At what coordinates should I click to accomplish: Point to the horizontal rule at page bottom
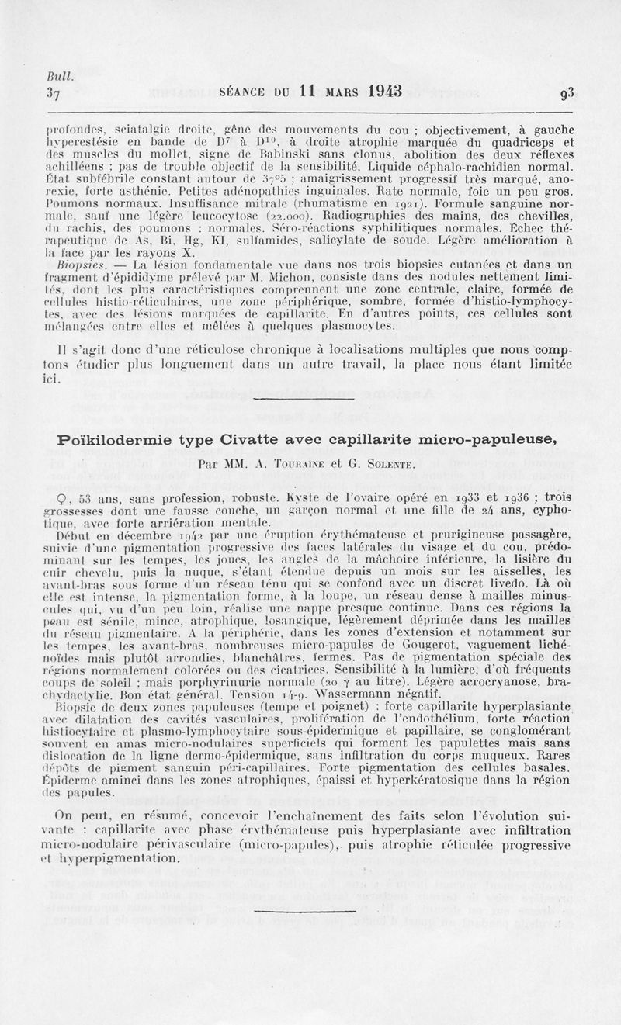pos(310,910)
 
